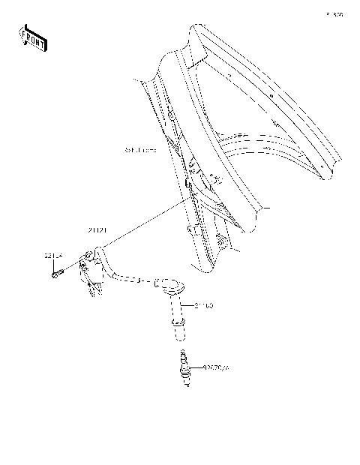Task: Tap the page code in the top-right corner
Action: click(334, 14)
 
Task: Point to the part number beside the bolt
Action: click(53, 256)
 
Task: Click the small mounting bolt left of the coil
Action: click(56, 274)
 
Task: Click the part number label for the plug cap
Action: click(204, 306)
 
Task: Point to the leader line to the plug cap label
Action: click(189, 306)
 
